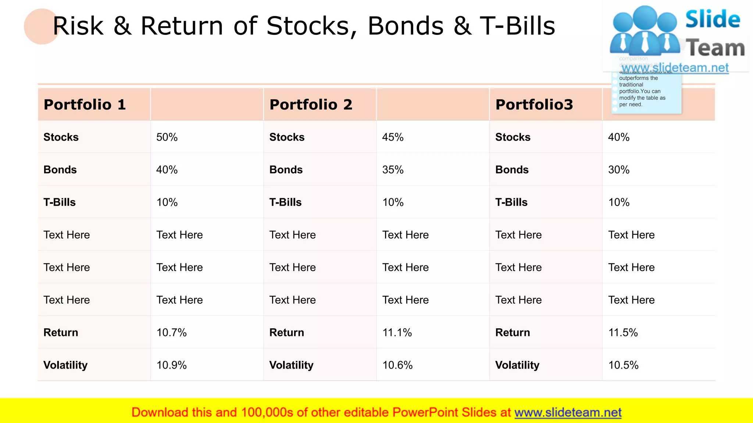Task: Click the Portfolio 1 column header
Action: (85, 105)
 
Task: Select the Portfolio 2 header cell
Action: (311, 105)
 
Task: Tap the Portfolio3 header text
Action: (534, 105)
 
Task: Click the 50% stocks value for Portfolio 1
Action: (167, 137)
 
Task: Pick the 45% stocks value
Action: (393, 137)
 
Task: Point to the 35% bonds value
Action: (393, 170)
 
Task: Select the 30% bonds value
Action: (619, 170)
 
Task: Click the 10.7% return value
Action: (171, 333)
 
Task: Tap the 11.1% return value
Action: (397, 333)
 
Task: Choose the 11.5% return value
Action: (623, 333)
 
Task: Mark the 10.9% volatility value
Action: (171, 365)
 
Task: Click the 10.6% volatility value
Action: (397, 365)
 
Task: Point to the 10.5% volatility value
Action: (623, 365)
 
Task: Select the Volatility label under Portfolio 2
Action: (291, 365)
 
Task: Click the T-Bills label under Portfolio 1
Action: (60, 202)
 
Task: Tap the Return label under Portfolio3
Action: (513, 333)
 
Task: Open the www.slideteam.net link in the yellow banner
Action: (568, 412)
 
